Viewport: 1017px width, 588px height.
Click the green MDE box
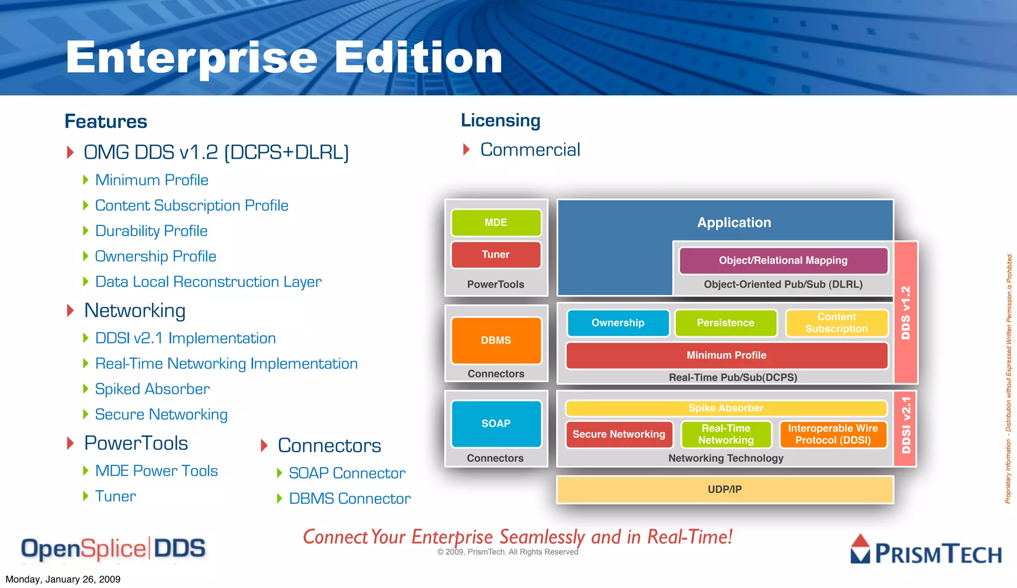tap(496, 222)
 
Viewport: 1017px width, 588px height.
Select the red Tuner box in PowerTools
tap(496, 254)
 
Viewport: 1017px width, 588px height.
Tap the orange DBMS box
tap(496, 340)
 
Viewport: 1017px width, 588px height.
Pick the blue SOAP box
tap(496, 423)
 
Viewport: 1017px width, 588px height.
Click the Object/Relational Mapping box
tap(783, 260)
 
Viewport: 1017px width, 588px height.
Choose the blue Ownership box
tap(618, 323)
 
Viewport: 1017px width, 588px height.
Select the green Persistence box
tap(726, 323)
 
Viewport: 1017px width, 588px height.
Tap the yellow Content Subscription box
tap(836, 323)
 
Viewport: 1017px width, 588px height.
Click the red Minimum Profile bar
tap(726, 355)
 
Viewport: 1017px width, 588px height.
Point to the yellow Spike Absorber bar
tap(726, 408)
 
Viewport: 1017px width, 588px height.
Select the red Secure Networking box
tap(619, 434)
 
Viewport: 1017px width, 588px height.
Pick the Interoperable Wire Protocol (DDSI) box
tap(833, 434)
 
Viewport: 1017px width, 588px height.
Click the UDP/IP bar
tap(725, 489)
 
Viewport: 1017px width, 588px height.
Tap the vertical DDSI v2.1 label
tap(906, 425)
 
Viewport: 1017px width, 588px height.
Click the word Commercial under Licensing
tap(530, 149)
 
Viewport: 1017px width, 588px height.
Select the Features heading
tap(106, 121)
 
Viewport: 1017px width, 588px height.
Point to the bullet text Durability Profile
tap(151, 231)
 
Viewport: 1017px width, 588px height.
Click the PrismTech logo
tap(926, 550)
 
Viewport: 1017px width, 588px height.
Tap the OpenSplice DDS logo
tap(113, 549)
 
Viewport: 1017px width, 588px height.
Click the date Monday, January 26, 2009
tap(63, 579)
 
